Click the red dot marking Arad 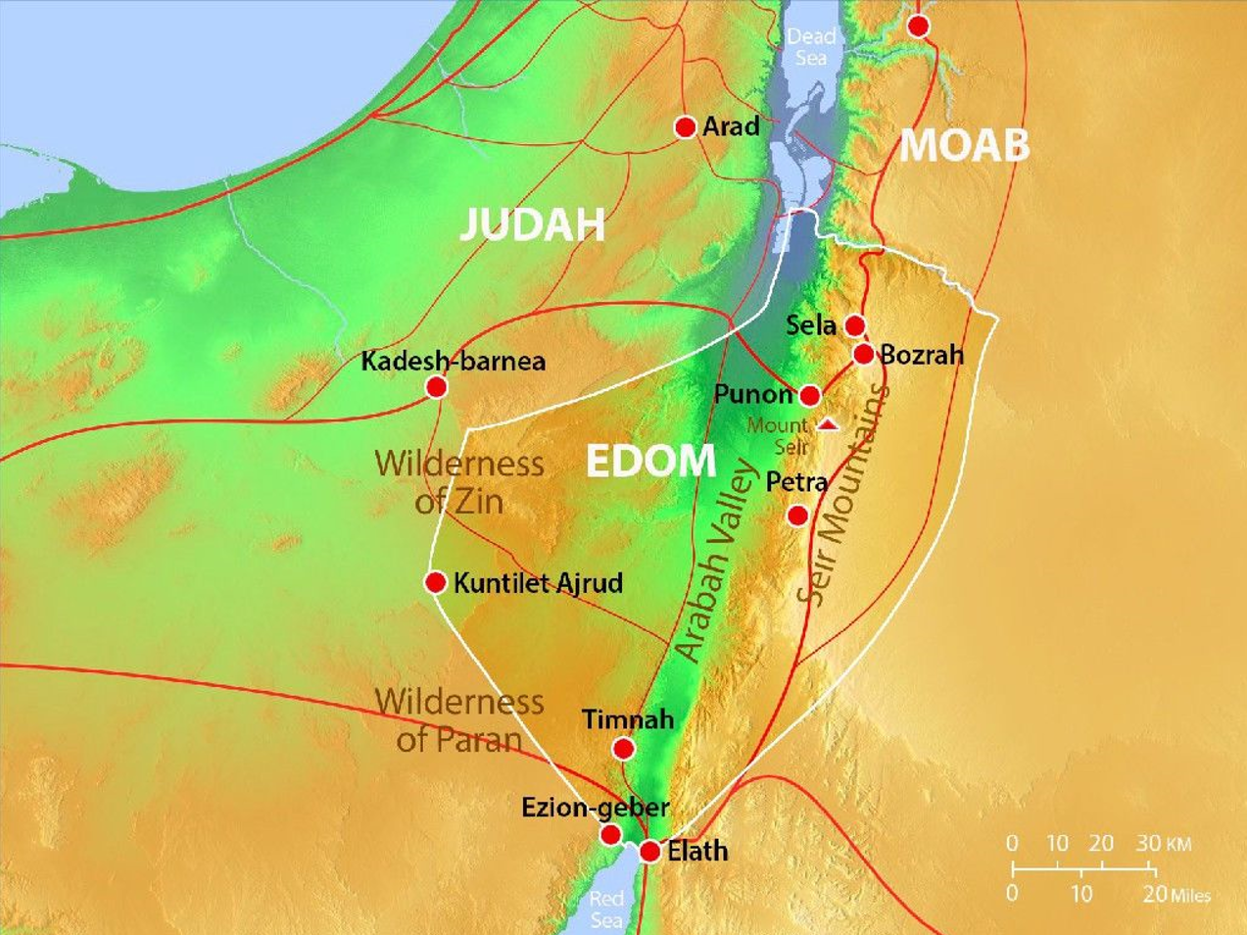686,126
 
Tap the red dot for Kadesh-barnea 437,387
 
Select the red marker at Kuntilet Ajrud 436,583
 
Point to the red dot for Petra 798,516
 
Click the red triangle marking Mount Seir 829,425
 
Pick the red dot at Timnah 623,750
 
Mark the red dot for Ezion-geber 610,835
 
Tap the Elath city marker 649,852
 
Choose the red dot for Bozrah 864,354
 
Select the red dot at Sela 855,325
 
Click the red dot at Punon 810,395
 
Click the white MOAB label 964,145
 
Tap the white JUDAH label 532,225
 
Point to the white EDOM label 651,461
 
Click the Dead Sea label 811,47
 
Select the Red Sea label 606,909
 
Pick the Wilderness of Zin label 459,481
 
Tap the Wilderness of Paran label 459,720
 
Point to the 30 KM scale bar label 1163,843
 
